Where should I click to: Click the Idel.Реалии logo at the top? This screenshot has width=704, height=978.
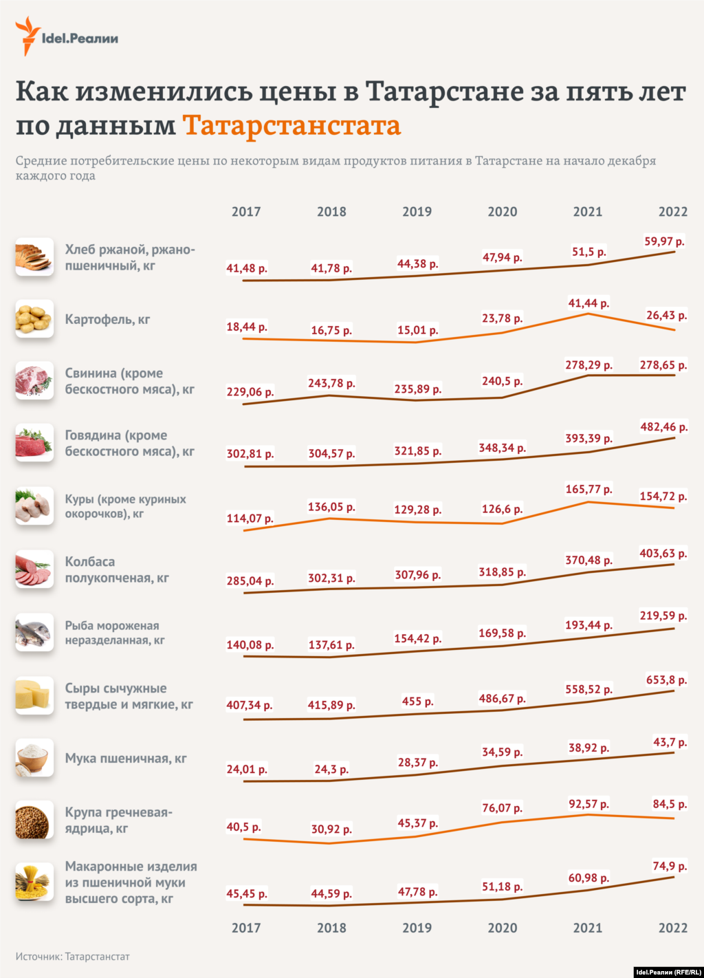[x=67, y=37]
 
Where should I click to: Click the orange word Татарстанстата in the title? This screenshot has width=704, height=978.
[x=291, y=126]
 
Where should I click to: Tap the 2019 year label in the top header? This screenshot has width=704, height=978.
[x=417, y=212]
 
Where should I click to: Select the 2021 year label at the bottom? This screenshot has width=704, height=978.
[x=587, y=928]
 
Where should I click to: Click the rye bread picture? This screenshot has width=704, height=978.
[x=34, y=257]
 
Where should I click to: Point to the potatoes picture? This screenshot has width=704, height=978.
[x=34, y=318]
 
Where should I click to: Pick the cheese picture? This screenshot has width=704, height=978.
[x=34, y=695]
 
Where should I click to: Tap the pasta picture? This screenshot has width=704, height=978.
[x=34, y=882]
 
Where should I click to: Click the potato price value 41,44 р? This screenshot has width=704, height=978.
[x=588, y=303]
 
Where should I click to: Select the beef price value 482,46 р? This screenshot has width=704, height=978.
[x=663, y=427]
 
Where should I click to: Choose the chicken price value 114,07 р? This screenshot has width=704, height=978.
[x=250, y=519]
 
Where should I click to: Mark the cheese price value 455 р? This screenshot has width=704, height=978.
[x=417, y=702]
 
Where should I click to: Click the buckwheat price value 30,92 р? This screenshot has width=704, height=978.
[x=331, y=829]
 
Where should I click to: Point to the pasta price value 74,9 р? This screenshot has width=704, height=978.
[x=669, y=867]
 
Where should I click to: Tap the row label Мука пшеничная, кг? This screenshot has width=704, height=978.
[x=126, y=759]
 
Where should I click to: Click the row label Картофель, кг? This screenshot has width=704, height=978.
[x=107, y=319]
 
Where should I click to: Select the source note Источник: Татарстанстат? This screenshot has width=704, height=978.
[x=72, y=957]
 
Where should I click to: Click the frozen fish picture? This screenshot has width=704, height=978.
[x=34, y=633]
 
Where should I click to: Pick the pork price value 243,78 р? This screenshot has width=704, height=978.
[x=331, y=383]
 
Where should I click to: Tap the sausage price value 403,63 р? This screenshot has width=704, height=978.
[x=663, y=554]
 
